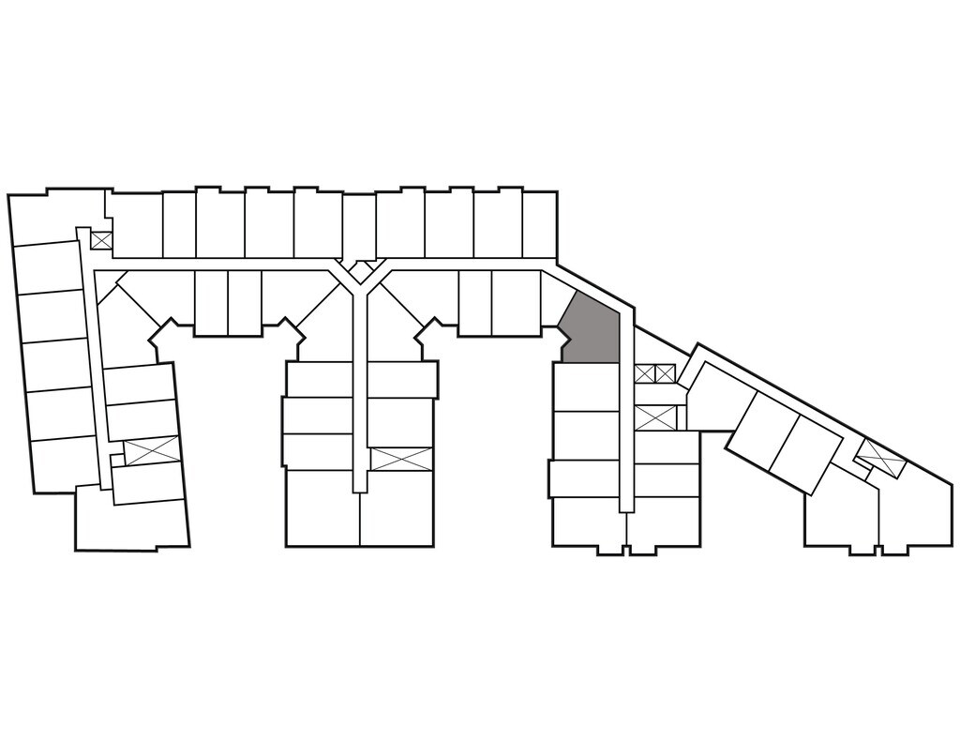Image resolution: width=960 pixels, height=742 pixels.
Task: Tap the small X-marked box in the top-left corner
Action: [x=101, y=240]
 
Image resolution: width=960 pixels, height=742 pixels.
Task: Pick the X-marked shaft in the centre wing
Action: [x=401, y=459]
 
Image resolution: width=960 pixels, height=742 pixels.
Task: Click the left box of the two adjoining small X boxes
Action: [x=644, y=374]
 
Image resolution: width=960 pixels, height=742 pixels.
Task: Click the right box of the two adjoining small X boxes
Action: [x=665, y=374]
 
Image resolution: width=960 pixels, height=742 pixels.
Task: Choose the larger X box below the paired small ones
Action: [x=654, y=417]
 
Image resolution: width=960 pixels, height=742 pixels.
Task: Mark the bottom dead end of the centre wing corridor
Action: [x=358, y=483]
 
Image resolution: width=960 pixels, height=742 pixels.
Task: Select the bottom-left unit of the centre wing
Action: [x=322, y=507]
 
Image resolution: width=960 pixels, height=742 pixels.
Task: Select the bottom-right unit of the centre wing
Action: [x=397, y=507]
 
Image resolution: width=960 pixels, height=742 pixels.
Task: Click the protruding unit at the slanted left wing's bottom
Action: [x=131, y=521]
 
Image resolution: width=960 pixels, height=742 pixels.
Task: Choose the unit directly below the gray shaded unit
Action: [x=585, y=386]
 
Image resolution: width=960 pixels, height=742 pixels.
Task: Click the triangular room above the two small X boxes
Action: [x=656, y=348]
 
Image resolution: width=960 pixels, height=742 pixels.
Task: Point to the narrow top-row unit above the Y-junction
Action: [x=358, y=225]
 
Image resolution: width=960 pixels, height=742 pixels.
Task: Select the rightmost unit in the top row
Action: [x=539, y=223]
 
